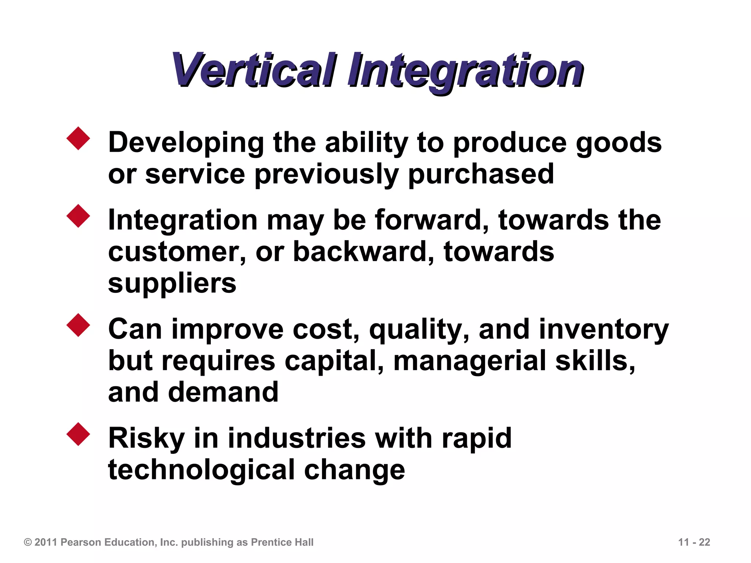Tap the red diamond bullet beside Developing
tap(78, 139)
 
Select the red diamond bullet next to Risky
tap(78, 434)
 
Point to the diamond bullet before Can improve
tap(78, 325)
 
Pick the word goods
tap(619, 143)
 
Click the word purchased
tap(481, 174)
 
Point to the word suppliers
tap(172, 284)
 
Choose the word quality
tap(418, 330)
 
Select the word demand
tap(223, 392)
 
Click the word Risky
tap(147, 439)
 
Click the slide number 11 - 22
tap(694, 542)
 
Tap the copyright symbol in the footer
tap(28, 542)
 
